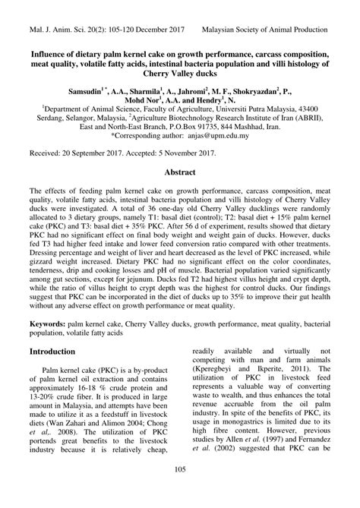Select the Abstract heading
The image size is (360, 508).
(180, 172)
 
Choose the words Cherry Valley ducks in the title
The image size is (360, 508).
(180, 75)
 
